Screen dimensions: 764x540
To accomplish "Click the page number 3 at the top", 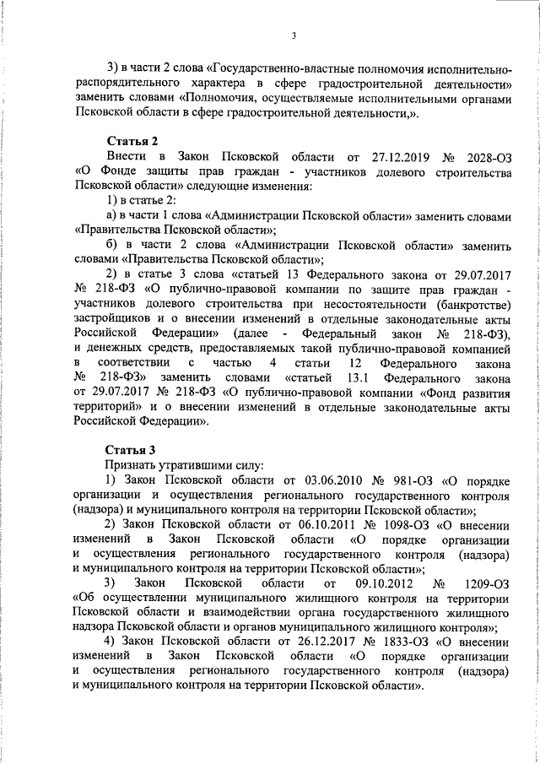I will click(294, 35).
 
